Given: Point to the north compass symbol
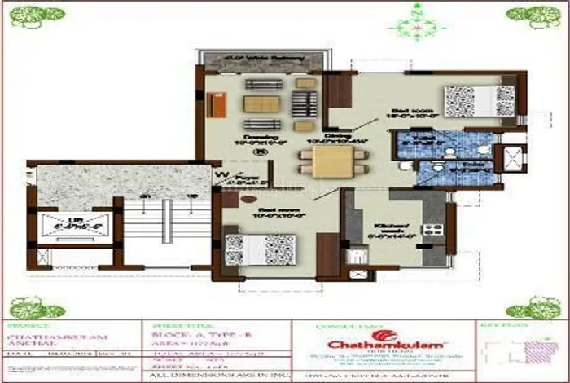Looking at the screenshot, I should pos(418,22).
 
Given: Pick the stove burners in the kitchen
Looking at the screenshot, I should pos(434,230).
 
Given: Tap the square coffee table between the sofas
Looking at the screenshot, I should pos(261,104).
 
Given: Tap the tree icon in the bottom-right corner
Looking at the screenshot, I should pos(533,307).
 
